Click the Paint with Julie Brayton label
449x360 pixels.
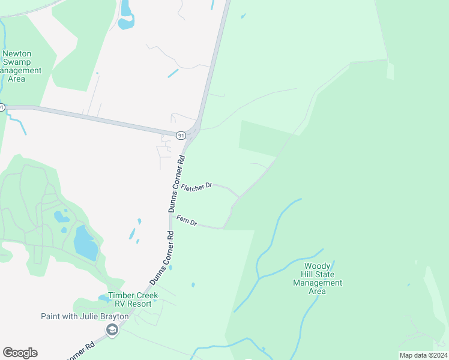85,316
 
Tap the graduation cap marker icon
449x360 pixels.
112,329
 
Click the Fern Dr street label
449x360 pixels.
187,221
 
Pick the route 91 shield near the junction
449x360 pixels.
181,136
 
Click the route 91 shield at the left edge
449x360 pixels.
2,107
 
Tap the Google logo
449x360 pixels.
20,353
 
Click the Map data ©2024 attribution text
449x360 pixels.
423,355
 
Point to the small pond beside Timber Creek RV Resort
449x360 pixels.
103,298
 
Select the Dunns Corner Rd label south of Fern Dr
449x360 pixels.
161,259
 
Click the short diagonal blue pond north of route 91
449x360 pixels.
173,73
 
